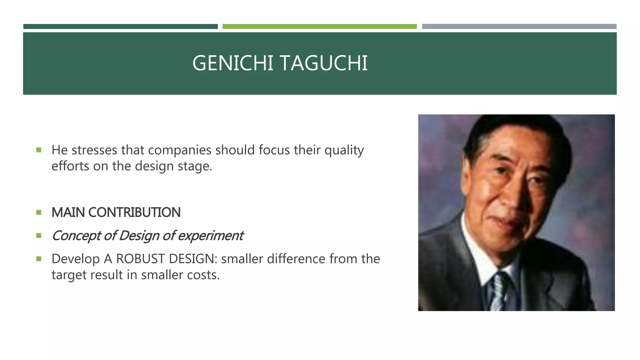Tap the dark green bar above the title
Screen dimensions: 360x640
[120, 27]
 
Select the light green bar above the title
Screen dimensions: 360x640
[319, 27]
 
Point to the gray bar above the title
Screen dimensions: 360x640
[519, 27]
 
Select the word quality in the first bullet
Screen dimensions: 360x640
[344, 150]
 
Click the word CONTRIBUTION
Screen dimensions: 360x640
[134, 212]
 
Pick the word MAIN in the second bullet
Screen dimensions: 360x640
[68, 212]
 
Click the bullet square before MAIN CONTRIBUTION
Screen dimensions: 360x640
[39, 212]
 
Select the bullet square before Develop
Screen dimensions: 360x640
[39, 259]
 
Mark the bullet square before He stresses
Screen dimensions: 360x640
[39, 150]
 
